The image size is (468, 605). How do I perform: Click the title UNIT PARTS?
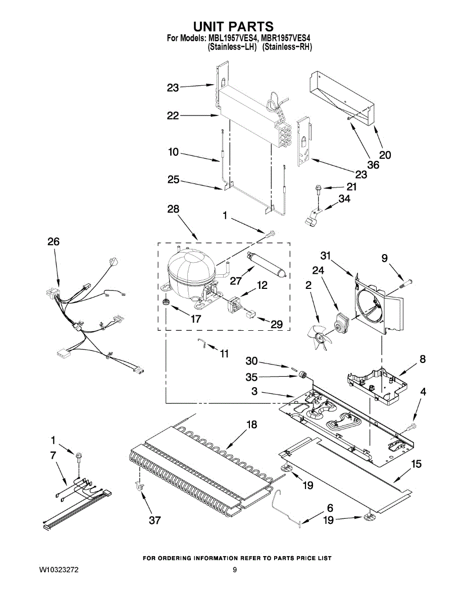coord(234,26)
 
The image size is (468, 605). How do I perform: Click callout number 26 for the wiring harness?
coord(53,242)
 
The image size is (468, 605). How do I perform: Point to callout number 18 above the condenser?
coord(251,425)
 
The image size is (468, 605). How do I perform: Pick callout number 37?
coord(154,520)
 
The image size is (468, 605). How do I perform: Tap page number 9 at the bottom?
coord(235,571)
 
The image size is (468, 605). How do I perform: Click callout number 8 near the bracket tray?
coord(422,359)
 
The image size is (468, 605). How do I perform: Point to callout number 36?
coord(373,165)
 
